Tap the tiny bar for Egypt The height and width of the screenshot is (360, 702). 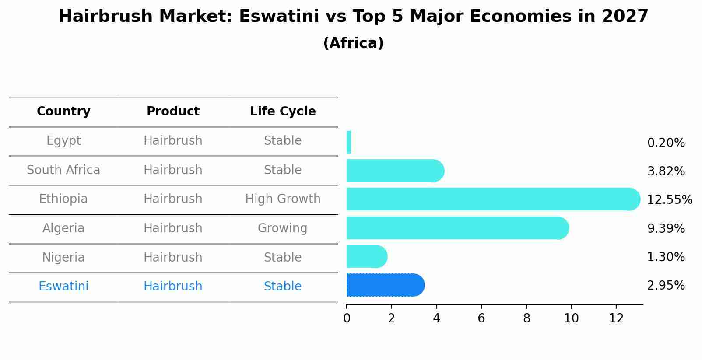tap(349, 143)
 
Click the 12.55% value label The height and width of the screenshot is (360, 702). tap(669, 200)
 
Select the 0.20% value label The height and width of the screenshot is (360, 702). tap(666, 143)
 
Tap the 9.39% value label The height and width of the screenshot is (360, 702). tap(666, 228)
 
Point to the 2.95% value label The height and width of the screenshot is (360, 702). tap(666, 286)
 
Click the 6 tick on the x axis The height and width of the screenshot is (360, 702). tap(481, 318)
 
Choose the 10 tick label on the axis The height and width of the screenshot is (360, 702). tap(571, 318)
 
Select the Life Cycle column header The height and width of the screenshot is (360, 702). tap(283, 112)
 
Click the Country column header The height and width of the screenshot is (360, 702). tap(63, 112)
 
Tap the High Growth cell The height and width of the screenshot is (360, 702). tap(283, 199)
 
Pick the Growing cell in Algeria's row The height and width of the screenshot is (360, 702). tap(283, 228)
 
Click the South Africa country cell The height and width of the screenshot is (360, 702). tap(63, 170)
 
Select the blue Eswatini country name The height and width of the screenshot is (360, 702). tap(63, 287)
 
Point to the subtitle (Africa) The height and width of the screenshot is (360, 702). tap(353, 43)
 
